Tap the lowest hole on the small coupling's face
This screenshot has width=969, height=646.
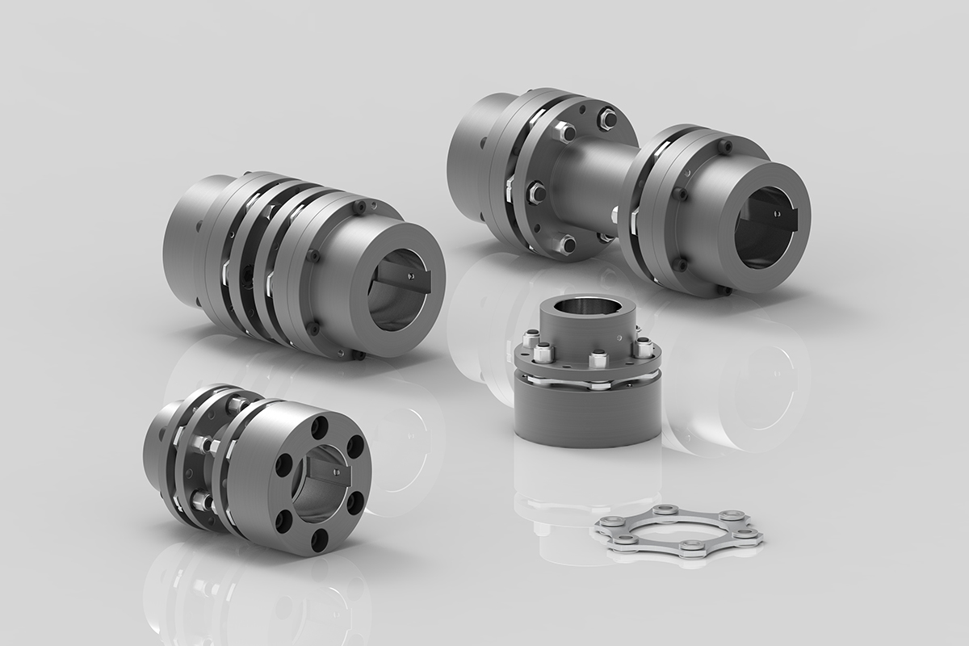point(317,536)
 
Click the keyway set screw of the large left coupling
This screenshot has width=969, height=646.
point(411,279)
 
